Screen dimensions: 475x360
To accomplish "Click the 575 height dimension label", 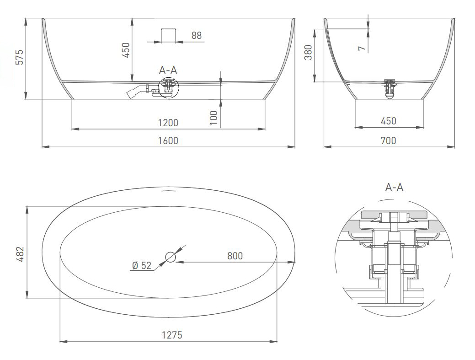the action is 19,57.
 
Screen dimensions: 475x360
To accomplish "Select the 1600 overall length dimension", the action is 168,141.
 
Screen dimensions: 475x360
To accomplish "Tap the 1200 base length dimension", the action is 168,123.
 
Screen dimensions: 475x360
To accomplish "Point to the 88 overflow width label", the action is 197,36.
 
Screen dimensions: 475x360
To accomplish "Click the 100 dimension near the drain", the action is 213,118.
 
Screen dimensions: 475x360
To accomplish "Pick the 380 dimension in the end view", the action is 308,52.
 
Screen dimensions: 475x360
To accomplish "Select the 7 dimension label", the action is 362,48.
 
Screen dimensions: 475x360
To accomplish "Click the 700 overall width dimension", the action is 388,141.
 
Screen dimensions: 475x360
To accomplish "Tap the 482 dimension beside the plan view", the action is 20,254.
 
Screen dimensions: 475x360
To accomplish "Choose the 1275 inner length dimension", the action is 172,335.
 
